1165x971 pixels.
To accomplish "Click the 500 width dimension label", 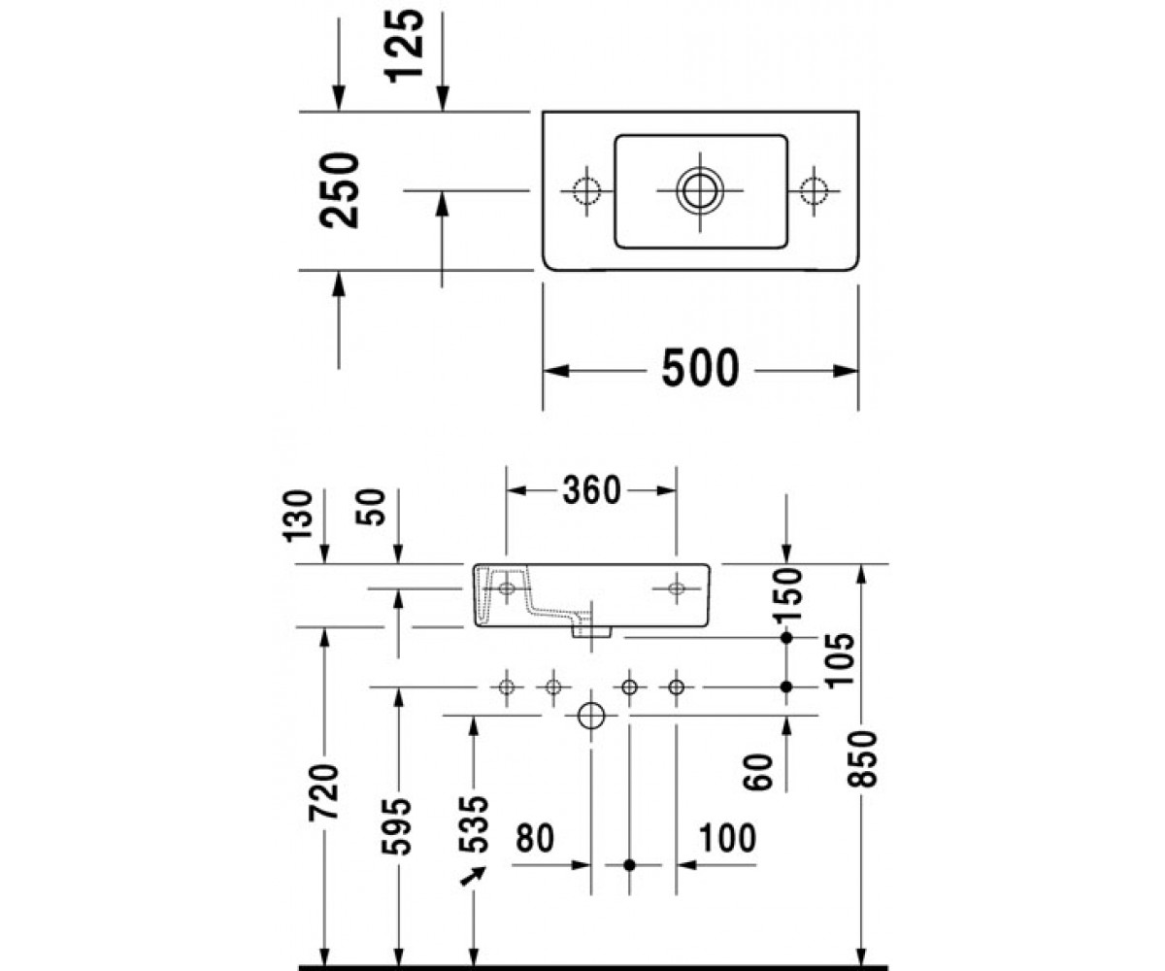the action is pyautogui.click(x=700, y=368).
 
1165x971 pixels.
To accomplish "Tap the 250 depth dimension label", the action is pyautogui.click(x=339, y=190).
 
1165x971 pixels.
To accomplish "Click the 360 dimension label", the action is pyautogui.click(x=591, y=490).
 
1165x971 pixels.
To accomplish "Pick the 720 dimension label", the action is pyautogui.click(x=324, y=792).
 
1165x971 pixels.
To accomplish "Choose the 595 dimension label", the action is pyautogui.click(x=397, y=827).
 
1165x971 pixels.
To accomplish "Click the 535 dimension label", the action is pyautogui.click(x=473, y=824).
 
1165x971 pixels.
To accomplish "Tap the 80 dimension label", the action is pyautogui.click(x=535, y=838).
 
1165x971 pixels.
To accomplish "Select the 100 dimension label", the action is pyautogui.click(x=727, y=838).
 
